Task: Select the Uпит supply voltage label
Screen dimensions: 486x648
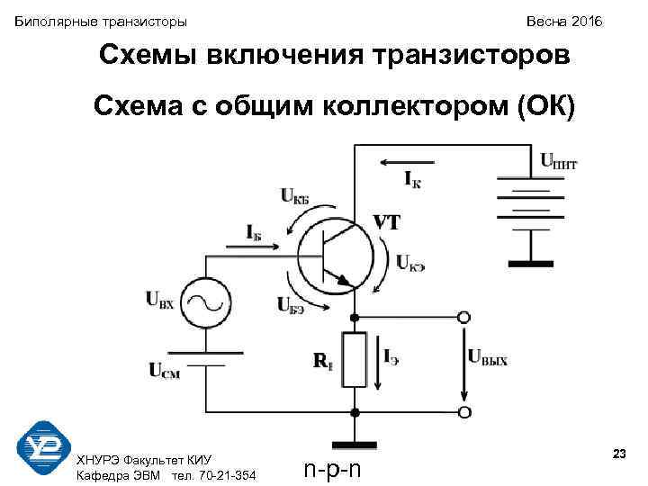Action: [559, 161]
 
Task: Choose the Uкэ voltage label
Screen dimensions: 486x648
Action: [410, 264]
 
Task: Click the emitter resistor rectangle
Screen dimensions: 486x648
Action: [356, 359]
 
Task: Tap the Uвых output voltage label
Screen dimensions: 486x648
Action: [487, 359]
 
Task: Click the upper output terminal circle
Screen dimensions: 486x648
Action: [463, 318]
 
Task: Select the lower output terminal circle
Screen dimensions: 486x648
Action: [463, 412]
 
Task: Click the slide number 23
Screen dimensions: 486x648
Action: [618, 454]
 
